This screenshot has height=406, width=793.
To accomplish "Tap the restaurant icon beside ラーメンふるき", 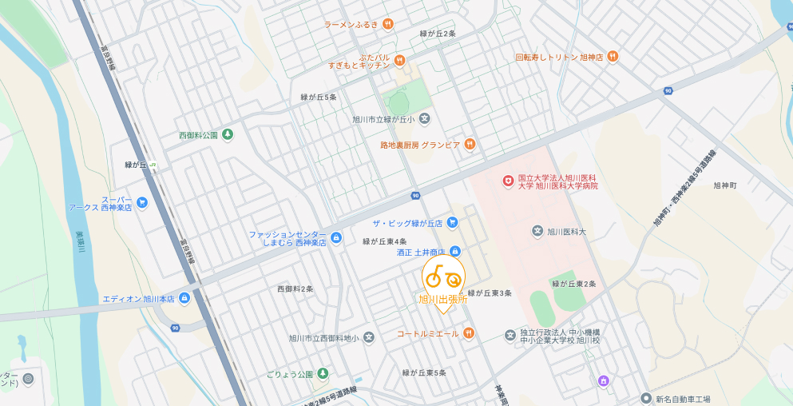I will click(388, 24).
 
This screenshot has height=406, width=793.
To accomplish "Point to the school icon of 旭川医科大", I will click(537, 231).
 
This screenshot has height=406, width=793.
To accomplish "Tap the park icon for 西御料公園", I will click(228, 134).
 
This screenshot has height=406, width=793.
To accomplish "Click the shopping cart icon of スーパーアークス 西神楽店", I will click(142, 203).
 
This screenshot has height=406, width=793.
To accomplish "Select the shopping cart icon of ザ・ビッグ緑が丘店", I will click(453, 222).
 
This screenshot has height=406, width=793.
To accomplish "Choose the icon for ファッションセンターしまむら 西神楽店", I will click(336, 237).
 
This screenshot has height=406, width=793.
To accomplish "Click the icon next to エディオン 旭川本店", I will click(184, 299).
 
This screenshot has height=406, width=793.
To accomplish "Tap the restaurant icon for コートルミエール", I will click(469, 333).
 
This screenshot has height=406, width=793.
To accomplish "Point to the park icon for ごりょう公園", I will click(323, 373).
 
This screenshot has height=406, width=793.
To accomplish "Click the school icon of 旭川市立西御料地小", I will click(368, 337).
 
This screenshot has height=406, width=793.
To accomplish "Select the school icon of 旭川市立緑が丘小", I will click(425, 119).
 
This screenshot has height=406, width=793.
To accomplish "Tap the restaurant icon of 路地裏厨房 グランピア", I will click(470, 144).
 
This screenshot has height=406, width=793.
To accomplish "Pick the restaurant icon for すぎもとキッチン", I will click(400, 60).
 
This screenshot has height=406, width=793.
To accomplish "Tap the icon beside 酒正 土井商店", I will click(455, 252).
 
